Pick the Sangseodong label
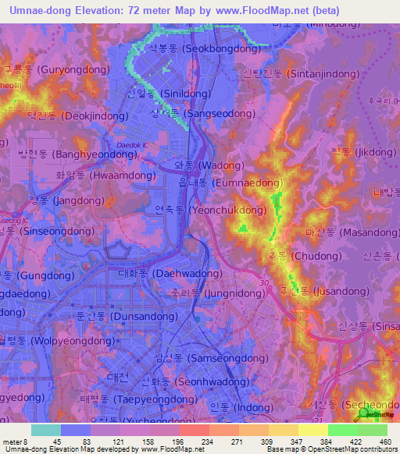click(194, 112)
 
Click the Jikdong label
click(364, 151)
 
